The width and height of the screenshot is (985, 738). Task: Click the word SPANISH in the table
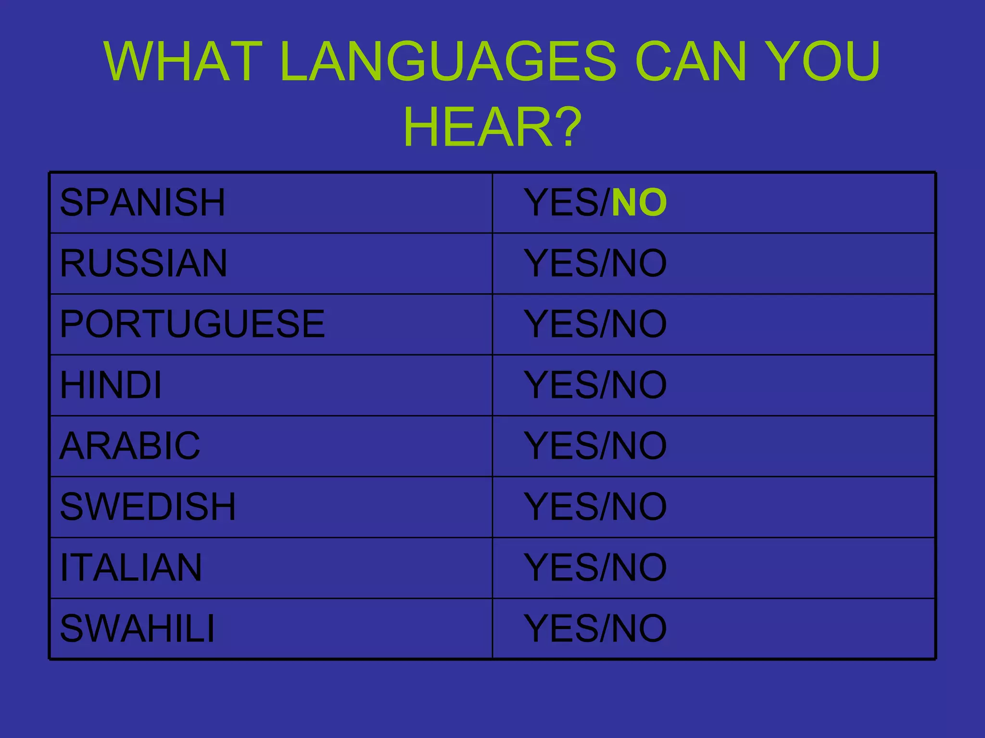coord(142,202)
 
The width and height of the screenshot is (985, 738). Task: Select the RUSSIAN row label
coord(143,263)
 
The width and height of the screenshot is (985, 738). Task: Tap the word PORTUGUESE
coord(192,324)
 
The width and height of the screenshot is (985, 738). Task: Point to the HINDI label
coord(111,385)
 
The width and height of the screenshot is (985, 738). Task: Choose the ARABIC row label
coord(130,445)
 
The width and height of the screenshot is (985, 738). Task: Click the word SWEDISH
coord(148,506)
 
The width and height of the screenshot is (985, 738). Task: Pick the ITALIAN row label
coord(131,567)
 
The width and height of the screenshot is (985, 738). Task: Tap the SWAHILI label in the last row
coord(137,628)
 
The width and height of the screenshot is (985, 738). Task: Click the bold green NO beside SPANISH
coord(639,202)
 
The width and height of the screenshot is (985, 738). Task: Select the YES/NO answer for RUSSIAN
coord(595,263)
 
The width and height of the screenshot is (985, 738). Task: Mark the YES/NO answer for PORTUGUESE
coord(595,324)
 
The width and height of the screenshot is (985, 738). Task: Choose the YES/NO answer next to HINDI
coord(595,385)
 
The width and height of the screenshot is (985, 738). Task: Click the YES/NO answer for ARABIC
coord(595,445)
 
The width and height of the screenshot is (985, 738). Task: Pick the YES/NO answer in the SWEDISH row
coord(595,506)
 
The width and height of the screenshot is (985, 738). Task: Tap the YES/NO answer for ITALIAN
coord(595,567)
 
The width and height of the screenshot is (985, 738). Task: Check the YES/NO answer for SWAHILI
coord(595,628)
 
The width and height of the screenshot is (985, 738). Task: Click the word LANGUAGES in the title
coord(447,61)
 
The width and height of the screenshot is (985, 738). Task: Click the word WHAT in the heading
coord(183,61)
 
